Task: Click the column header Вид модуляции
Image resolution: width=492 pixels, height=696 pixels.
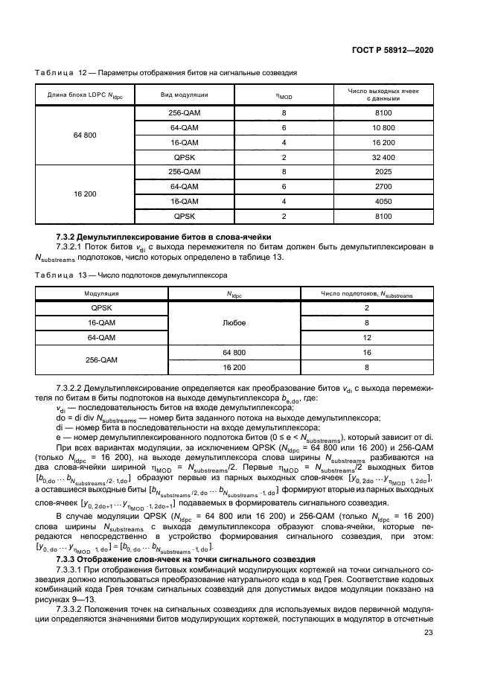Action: [x=184, y=95]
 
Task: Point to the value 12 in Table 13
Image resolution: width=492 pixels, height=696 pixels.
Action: [x=367, y=337]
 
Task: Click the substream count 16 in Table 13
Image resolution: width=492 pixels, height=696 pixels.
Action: [x=367, y=352]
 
